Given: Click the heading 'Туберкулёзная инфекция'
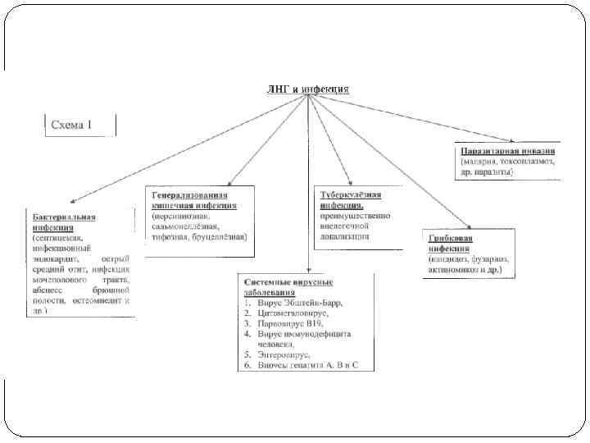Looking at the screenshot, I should tap(351, 200).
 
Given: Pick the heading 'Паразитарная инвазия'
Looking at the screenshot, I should tap(509, 152).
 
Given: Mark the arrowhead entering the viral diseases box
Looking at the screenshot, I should tap(308, 268).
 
